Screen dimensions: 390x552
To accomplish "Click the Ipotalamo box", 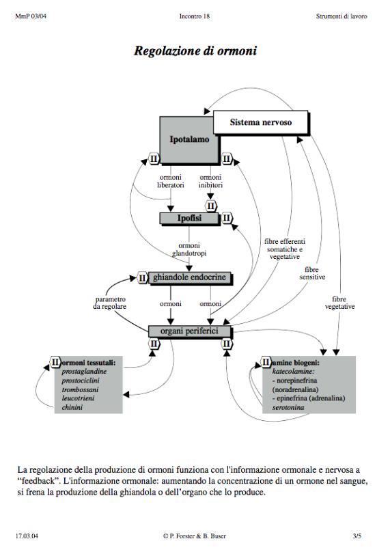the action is [189, 141].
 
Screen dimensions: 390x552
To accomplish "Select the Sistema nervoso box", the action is [261, 122].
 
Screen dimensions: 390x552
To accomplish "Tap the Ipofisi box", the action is [189, 218].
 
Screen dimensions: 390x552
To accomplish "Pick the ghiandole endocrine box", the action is [190, 278].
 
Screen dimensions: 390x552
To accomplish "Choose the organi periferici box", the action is [190, 331].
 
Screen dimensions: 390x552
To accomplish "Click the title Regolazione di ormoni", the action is [195, 51].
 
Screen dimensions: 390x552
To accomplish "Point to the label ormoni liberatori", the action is [171, 181].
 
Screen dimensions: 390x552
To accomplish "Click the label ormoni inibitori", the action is [210, 181].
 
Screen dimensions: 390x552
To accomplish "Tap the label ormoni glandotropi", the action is [189, 249].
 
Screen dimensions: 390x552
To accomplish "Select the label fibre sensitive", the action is [312, 273].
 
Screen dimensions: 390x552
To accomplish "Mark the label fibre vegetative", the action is [339, 303].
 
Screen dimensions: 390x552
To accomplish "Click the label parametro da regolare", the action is [110, 303].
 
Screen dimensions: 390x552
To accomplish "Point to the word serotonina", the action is [288, 407].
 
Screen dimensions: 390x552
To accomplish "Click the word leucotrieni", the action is [78, 398].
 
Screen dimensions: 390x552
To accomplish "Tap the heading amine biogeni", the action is [296, 363].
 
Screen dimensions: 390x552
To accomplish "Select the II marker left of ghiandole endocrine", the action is [142, 278].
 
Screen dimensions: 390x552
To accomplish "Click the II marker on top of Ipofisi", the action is [210, 206].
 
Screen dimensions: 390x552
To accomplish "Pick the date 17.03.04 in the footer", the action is [27, 536].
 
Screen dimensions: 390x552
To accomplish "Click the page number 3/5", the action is [357, 536].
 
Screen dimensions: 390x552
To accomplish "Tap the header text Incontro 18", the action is [195, 16].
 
